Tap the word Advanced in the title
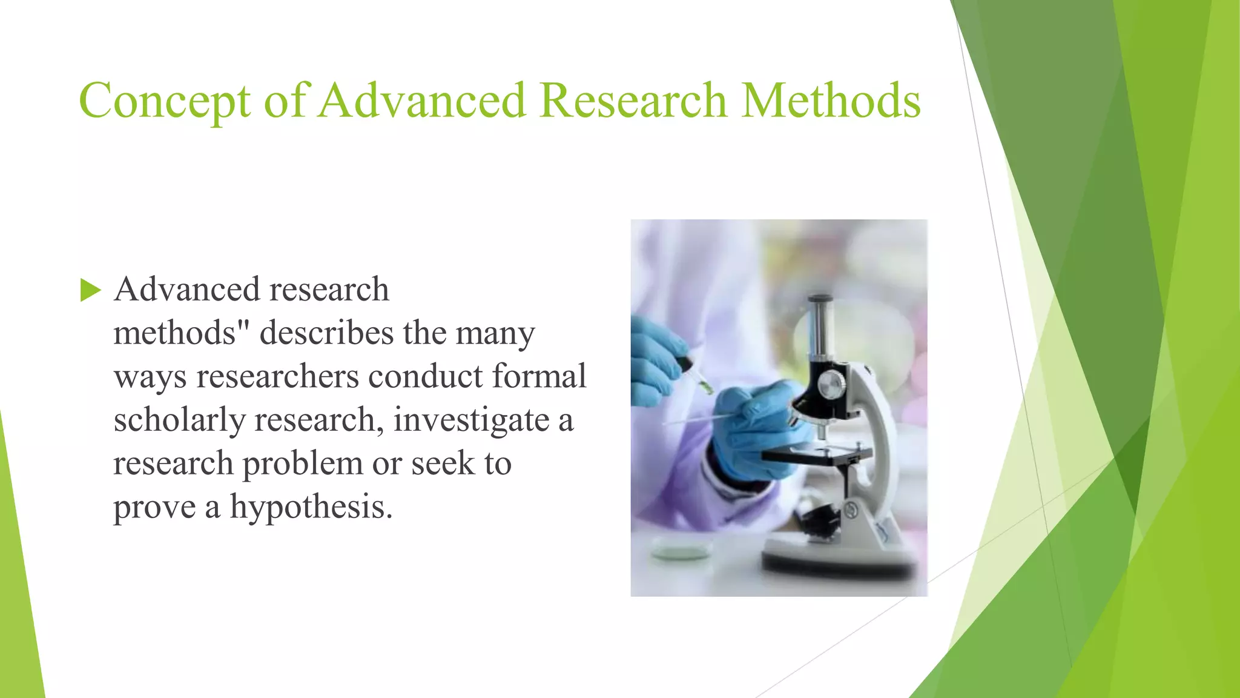[x=422, y=100]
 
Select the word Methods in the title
[x=831, y=100]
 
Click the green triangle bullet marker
[x=90, y=290]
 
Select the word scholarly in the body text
[x=179, y=420]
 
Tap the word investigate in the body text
[x=471, y=420]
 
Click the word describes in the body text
[x=327, y=333]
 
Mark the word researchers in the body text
[x=277, y=376]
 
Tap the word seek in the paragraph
[x=443, y=464]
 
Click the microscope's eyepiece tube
[x=820, y=327]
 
